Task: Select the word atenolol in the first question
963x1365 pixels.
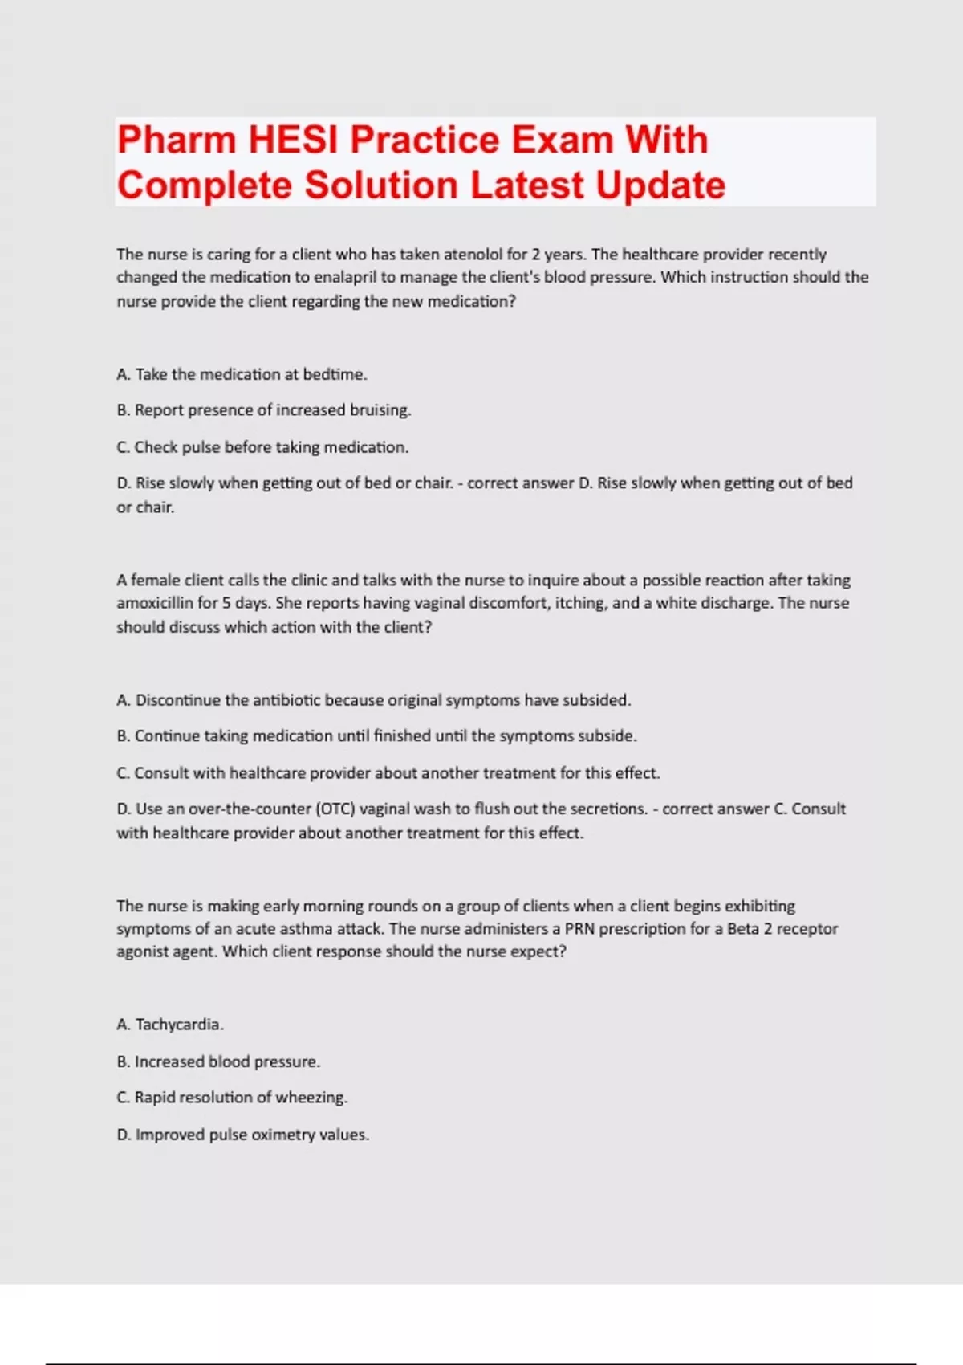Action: tap(473, 255)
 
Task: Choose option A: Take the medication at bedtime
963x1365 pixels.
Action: tap(242, 374)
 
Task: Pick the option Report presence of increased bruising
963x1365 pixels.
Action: tap(264, 410)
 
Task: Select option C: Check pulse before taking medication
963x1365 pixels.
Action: tap(262, 447)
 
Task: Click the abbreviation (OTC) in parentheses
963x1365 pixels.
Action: tap(335, 809)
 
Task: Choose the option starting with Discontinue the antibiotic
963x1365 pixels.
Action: tap(373, 700)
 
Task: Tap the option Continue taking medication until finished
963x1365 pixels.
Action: tap(376, 736)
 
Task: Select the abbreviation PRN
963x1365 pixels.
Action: tap(579, 929)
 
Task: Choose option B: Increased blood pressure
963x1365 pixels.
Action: tap(218, 1061)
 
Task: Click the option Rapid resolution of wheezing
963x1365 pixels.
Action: tap(232, 1098)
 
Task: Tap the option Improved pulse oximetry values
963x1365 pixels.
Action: tap(242, 1135)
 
